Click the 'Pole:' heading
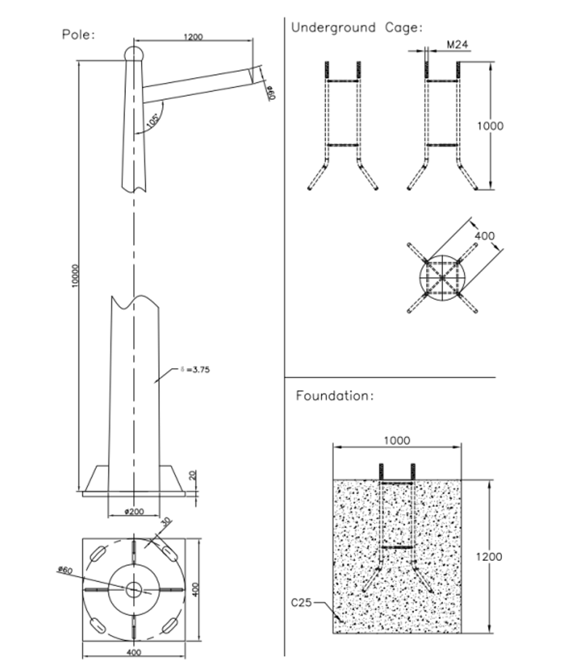78,34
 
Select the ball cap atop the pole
133,53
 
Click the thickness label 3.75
196,370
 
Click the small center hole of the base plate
134,588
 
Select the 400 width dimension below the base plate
134,652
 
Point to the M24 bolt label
456,45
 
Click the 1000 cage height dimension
490,126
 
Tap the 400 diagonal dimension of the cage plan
484,236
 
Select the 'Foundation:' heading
335,396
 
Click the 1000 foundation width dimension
396,440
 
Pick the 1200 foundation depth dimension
491,556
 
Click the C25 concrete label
302,602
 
